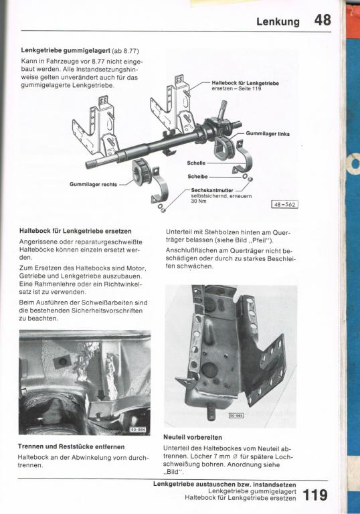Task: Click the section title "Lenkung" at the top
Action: [x=278, y=21]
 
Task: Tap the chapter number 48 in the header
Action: [x=323, y=20]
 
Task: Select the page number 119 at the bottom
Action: [x=314, y=495]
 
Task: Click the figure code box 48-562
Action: [x=285, y=205]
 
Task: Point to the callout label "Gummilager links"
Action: [x=268, y=134]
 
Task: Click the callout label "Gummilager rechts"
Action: [x=93, y=185]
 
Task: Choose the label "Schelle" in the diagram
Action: [x=196, y=163]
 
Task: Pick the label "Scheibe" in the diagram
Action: [x=197, y=177]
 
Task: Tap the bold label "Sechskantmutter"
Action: [x=212, y=190]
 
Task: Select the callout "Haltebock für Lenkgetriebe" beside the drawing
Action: [x=246, y=83]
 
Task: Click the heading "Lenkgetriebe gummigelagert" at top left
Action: [x=66, y=51]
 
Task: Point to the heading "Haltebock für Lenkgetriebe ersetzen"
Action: [x=76, y=231]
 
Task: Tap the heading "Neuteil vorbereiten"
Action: [x=193, y=437]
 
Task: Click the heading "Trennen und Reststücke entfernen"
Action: [x=71, y=446]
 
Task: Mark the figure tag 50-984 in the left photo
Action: [x=138, y=430]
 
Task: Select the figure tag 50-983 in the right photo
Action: [x=236, y=416]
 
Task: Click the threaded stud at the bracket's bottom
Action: [x=210, y=412]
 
